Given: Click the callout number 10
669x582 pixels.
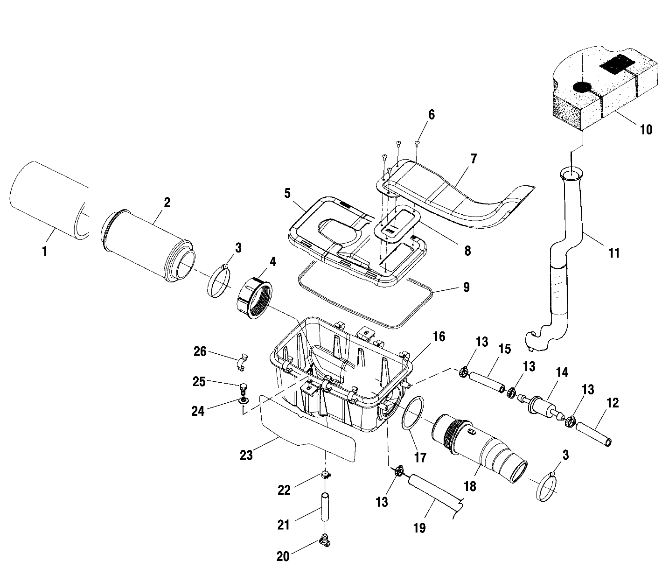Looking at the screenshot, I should coord(646,129).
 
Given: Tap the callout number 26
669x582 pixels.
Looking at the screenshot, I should coord(200,351).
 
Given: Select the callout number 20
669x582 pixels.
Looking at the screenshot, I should coord(284,556).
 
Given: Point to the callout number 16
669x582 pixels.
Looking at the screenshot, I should coord(439,337).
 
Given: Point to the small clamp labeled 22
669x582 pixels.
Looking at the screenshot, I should coord(326,476).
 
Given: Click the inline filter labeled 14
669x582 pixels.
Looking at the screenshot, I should coord(542,403).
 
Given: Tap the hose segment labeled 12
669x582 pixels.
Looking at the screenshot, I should coord(593,434).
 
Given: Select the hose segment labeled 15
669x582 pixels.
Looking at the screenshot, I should coord(487,381).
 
